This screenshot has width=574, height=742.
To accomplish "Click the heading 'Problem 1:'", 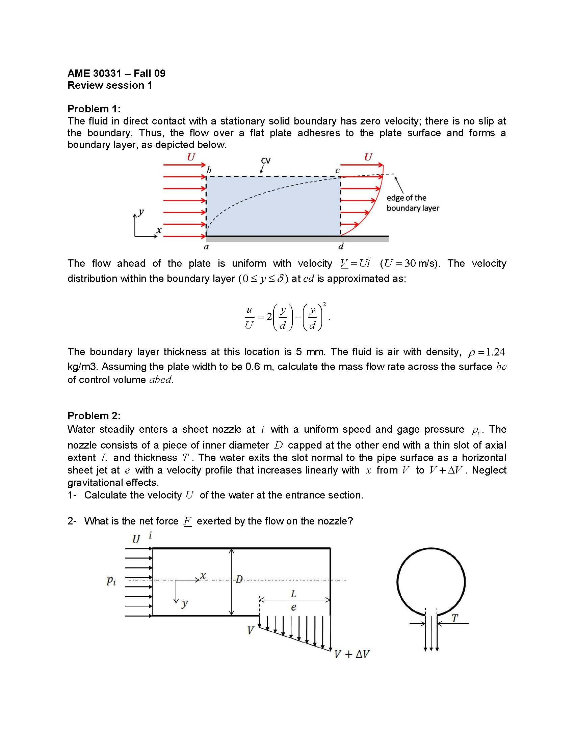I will point(94,109).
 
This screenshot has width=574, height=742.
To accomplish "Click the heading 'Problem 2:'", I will point(94,416).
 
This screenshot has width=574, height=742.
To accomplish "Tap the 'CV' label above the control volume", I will point(266,161).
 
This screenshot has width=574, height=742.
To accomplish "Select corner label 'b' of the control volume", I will point(209,170).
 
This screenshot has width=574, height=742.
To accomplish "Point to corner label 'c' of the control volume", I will point(337,171).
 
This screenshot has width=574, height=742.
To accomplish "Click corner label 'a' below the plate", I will point(206,247).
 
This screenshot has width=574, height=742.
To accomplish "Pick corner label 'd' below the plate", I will point(341,246).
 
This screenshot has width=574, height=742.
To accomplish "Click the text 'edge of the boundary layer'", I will point(413,203).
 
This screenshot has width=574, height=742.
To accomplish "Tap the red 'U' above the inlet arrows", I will point(191,157).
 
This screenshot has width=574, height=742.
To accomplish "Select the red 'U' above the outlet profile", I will point(368,157).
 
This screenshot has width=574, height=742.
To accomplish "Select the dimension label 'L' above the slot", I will point(294,594).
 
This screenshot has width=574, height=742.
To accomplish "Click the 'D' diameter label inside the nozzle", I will point(239,579).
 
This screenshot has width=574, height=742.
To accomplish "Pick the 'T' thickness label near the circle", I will point(454,618).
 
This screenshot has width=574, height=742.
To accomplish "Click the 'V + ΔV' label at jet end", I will point(351,654).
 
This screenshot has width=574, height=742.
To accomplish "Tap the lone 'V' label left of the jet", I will point(250,631).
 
